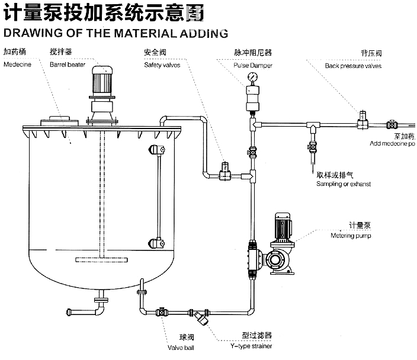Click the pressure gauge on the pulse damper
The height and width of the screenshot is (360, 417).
click(x=253, y=77)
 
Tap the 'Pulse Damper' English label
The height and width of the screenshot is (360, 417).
click(x=253, y=65)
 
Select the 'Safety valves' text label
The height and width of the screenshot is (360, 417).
click(x=162, y=65)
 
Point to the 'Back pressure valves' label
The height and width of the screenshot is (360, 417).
click(x=353, y=66)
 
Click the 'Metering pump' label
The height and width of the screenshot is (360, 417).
click(x=351, y=236)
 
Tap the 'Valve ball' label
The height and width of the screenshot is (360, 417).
click(x=181, y=348)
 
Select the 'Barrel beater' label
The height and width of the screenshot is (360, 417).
click(x=67, y=65)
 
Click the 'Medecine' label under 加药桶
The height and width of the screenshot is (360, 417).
click(x=17, y=65)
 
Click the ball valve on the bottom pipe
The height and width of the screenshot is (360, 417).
click(x=161, y=312)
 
